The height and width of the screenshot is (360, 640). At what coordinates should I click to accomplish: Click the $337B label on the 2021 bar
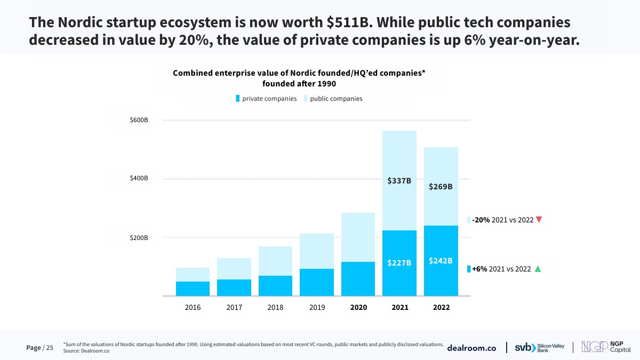[399, 181]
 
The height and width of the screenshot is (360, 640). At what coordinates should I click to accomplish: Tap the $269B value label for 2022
[441, 187]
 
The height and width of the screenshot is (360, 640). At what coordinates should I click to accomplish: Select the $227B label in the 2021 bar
[399, 263]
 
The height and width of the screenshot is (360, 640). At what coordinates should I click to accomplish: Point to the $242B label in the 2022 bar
[441, 261]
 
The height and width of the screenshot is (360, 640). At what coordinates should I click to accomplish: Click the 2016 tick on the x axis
[193, 308]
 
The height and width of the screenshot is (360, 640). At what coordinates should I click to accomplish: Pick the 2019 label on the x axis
[317, 308]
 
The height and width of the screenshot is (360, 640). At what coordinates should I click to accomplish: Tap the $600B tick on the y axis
[139, 121]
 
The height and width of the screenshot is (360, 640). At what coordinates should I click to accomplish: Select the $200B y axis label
[139, 238]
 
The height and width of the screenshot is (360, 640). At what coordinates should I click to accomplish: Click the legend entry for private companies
[266, 99]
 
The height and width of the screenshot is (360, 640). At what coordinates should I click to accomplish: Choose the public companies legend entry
[333, 99]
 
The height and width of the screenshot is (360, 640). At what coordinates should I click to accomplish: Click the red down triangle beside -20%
[539, 220]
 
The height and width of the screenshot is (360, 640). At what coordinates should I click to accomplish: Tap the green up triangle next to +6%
[538, 269]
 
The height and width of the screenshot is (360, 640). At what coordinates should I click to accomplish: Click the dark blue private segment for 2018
[275, 286]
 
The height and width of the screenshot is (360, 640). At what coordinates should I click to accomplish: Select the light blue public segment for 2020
[358, 237]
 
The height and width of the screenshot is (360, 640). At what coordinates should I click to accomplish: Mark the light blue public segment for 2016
[193, 275]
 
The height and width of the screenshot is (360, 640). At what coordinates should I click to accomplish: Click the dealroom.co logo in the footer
[471, 348]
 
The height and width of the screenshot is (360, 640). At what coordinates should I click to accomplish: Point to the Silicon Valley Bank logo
[539, 348]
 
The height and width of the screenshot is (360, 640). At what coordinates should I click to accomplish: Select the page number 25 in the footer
[50, 348]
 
